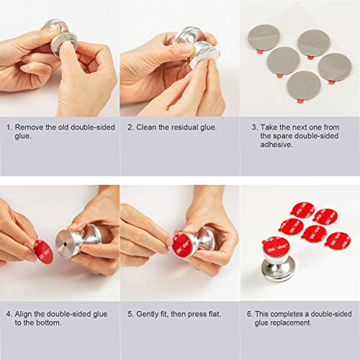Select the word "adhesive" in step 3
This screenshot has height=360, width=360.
[x=276, y=145]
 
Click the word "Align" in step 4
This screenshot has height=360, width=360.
[x=23, y=314]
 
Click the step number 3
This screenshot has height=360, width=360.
[x=254, y=127]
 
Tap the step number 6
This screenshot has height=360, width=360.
[x=250, y=314]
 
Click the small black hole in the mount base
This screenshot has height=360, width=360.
[x=66, y=244]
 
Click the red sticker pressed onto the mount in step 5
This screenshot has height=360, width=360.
[x=181, y=246]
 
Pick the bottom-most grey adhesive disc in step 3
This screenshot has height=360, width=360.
[x=304, y=86]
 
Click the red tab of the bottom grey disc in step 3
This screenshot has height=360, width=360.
[x=300, y=102]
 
